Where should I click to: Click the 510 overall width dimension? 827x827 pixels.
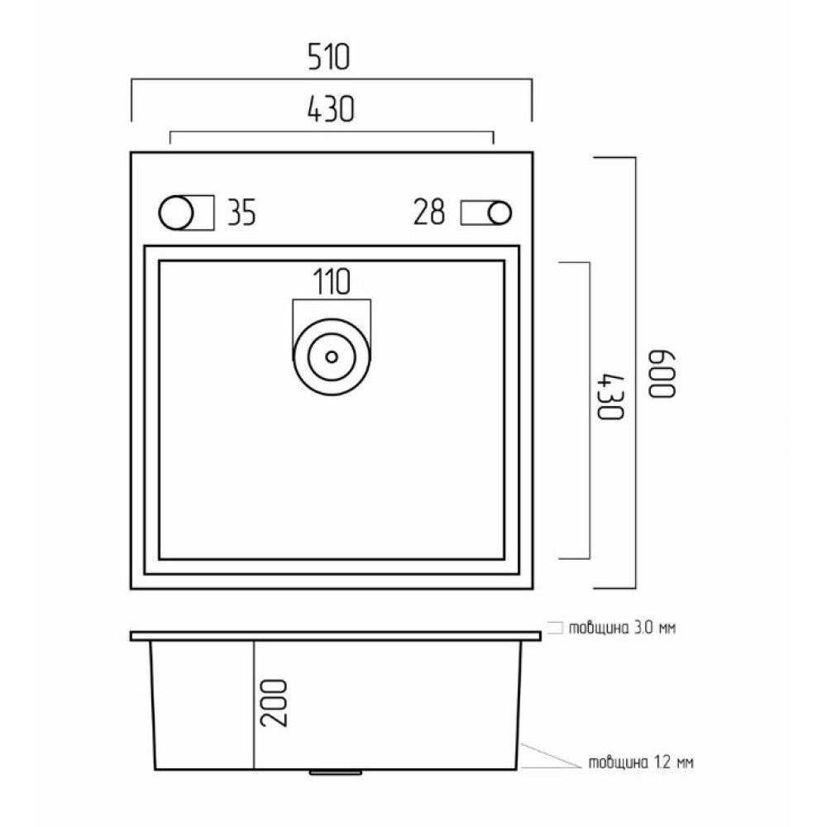coord(328,58)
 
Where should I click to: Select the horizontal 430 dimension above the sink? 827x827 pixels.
coord(330,109)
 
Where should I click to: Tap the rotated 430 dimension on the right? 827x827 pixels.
coord(610,396)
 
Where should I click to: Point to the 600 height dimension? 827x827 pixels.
coord(662,374)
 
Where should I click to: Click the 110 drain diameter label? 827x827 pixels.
coord(332,282)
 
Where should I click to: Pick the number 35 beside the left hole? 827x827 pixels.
coord(241,213)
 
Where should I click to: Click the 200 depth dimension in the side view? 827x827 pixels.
coord(275,702)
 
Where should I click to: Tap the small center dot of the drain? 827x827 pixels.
coord(332,357)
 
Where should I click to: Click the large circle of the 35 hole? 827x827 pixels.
coord(176,213)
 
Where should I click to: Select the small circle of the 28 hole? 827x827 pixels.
coord(500,213)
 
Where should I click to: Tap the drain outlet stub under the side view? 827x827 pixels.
coord(336,772)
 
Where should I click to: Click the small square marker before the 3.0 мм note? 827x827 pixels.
coord(556,628)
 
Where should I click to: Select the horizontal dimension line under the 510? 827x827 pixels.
coord(332,79)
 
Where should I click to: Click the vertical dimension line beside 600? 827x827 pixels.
coord(635,372)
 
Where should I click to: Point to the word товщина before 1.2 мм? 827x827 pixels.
coord(618,763)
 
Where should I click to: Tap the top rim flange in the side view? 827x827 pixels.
coord(336,636)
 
